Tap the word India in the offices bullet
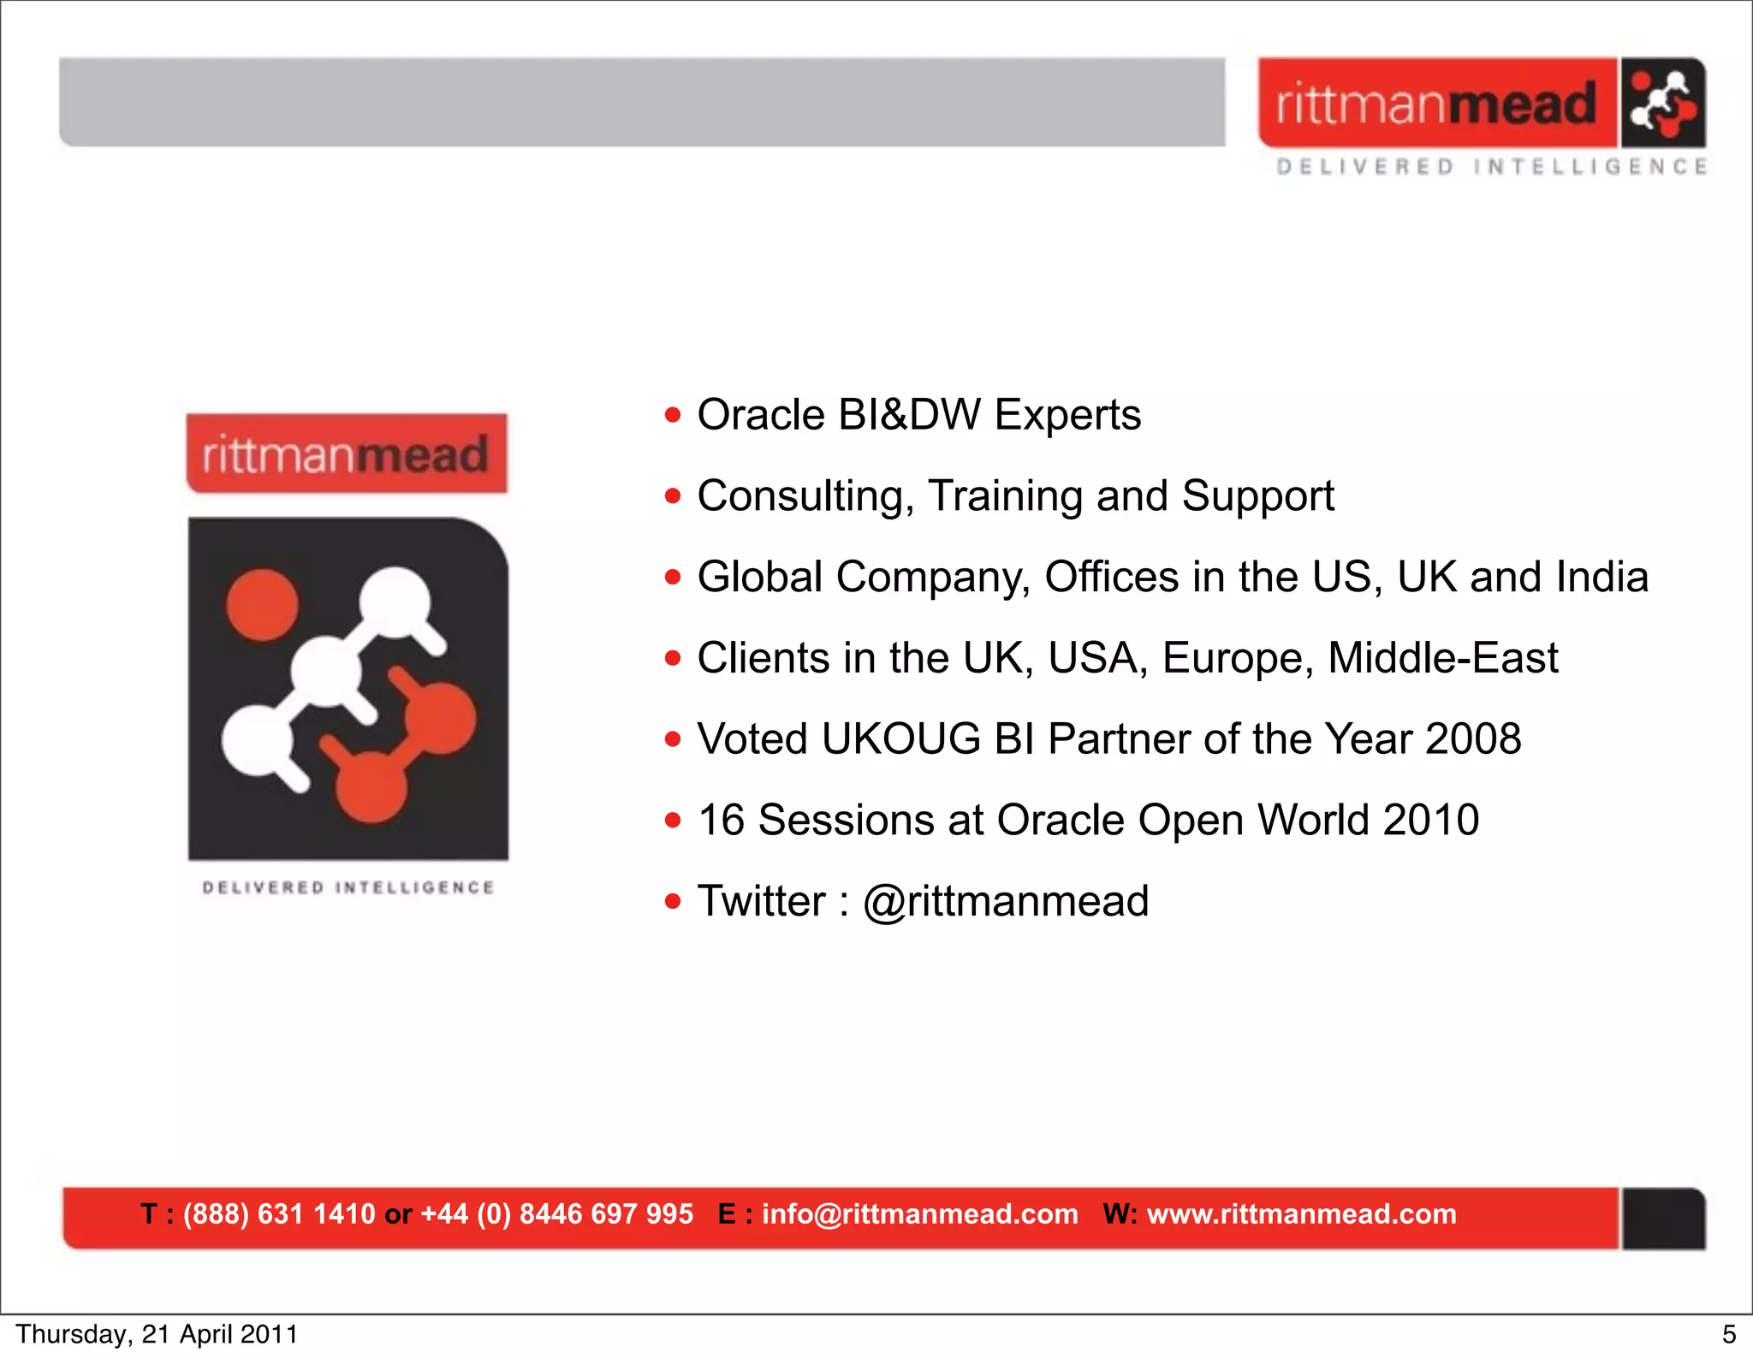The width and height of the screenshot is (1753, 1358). pyautogui.click(x=1601, y=577)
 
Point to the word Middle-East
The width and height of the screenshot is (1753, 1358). pyautogui.click(x=1442, y=658)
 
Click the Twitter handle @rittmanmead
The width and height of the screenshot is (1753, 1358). pyautogui.click(x=1006, y=901)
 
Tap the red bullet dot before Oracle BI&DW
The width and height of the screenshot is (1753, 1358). pyautogui.click(x=673, y=416)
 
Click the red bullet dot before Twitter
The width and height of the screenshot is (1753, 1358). pyautogui.click(x=673, y=901)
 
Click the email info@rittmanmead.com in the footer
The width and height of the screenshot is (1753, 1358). pyautogui.click(x=919, y=1214)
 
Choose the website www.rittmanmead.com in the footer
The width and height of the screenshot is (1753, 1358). pyautogui.click(x=1301, y=1214)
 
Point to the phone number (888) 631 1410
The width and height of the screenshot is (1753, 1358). pyautogui.click(x=279, y=1214)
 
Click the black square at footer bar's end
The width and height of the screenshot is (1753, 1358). pyautogui.click(x=1662, y=1219)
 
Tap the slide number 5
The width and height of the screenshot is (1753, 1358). pyautogui.click(x=1728, y=1335)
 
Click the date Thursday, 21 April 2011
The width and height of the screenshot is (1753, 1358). pyautogui.click(x=157, y=1335)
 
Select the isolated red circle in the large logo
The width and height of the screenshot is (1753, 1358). pyautogui.click(x=262, y=604)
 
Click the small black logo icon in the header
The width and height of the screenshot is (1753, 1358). pyautogui.click(x=1661, y=103)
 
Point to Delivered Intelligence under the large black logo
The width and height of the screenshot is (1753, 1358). pyautogui.click(x=348, y=887)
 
